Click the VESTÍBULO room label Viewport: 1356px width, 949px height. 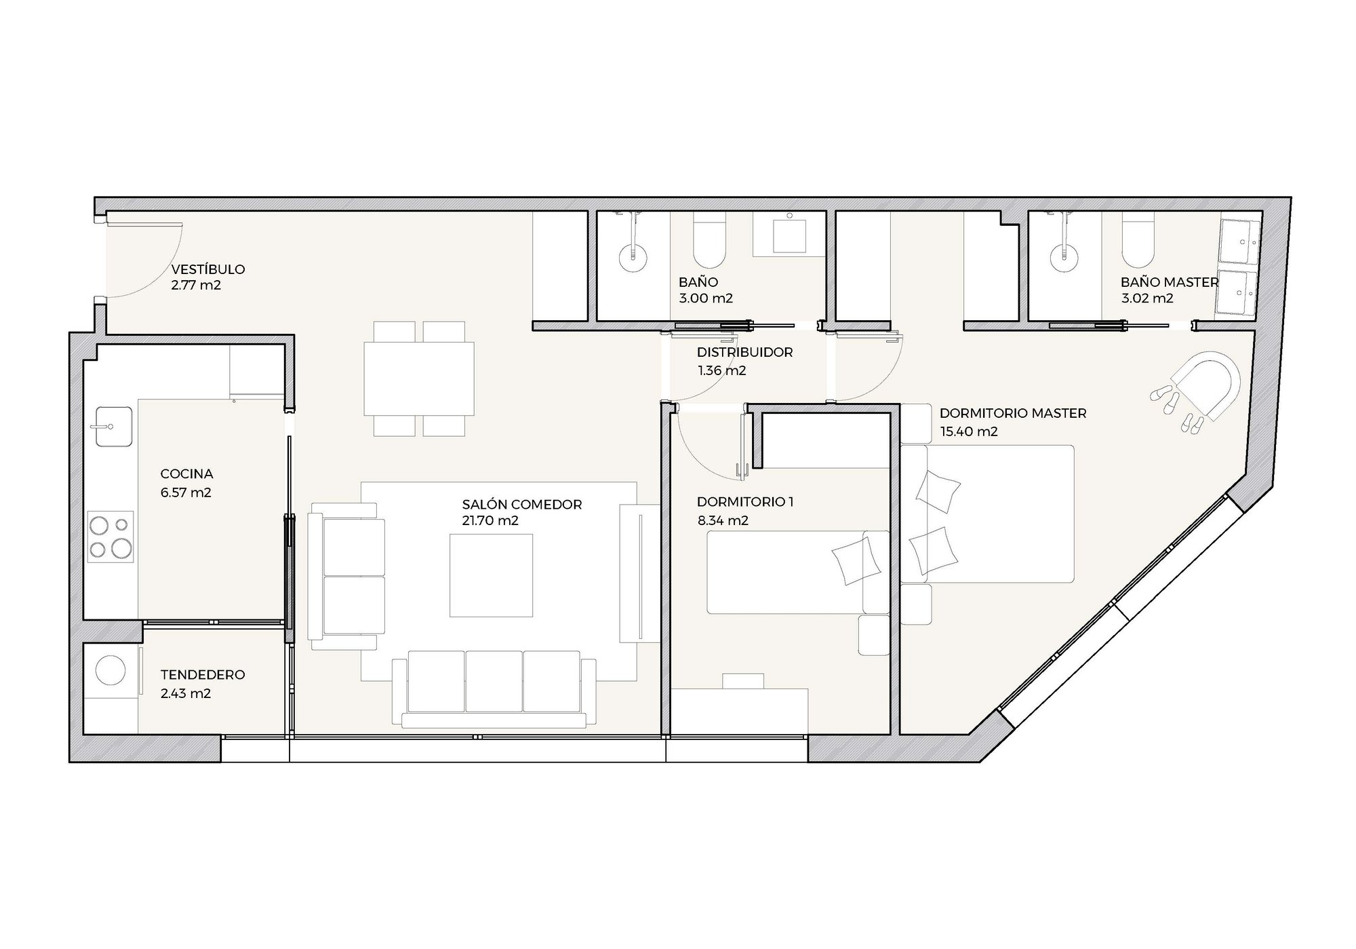(207, 269)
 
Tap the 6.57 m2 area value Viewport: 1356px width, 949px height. (186, 492)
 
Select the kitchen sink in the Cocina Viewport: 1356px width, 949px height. (114, 427)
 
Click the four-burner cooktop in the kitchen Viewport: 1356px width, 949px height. (111, 536)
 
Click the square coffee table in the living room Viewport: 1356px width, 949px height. (491, 575)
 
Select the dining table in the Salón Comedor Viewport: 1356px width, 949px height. (419, 379)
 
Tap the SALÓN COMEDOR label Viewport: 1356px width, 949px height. (522, 505)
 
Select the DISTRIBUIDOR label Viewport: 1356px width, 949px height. (744, 353)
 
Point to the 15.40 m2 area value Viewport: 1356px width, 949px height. (969, 431)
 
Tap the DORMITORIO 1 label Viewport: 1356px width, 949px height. (745, 502)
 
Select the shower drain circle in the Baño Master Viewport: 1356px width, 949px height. (1063, 258)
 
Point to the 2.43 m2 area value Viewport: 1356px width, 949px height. (186, 694)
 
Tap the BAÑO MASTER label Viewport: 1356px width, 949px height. (1170, 282)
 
